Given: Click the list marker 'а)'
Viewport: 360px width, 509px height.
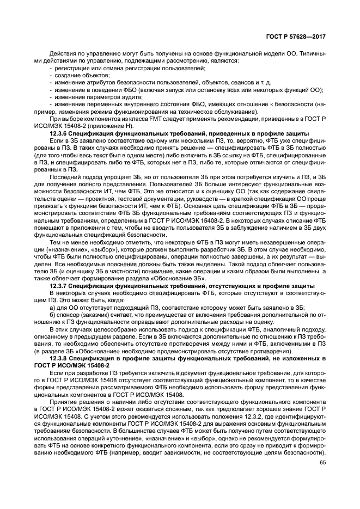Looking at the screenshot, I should (52, 308).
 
